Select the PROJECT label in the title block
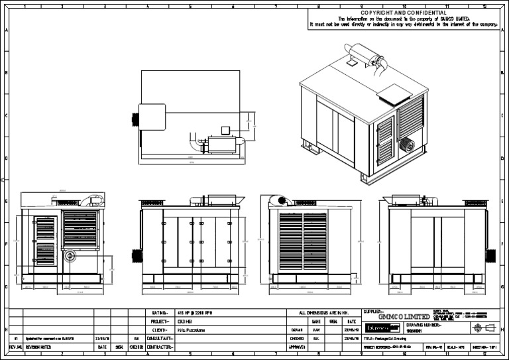(x=160, y=321)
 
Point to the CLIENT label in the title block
(x=160, y=330)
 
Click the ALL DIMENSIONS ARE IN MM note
(x=323, y=312)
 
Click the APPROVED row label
(x=297, y=347)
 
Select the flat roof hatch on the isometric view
(x=393, y=93)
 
